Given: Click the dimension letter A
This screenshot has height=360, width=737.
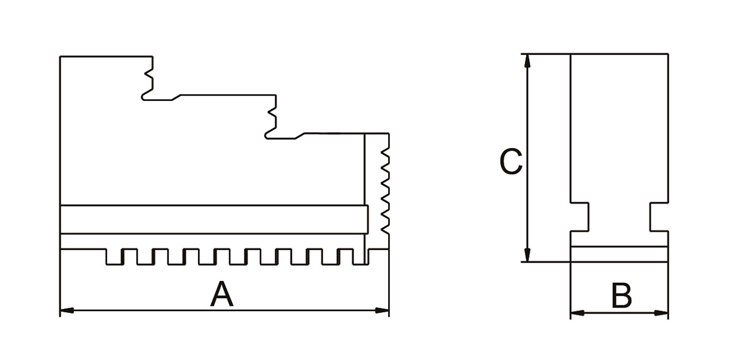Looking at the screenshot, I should pos(222,295).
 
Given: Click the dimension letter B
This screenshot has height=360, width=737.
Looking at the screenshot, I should pos(621,296).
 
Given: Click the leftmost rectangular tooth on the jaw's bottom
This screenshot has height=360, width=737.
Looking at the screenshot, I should pos(114,257).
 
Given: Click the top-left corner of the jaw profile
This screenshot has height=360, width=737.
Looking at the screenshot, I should pos(60,56).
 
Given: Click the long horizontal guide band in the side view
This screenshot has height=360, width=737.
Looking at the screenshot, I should pos(213,219).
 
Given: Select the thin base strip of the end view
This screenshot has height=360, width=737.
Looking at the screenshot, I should pos(620,254).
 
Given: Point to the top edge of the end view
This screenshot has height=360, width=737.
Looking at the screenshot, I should pos(620,54).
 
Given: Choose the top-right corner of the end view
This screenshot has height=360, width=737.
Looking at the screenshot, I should pos(668,54).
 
